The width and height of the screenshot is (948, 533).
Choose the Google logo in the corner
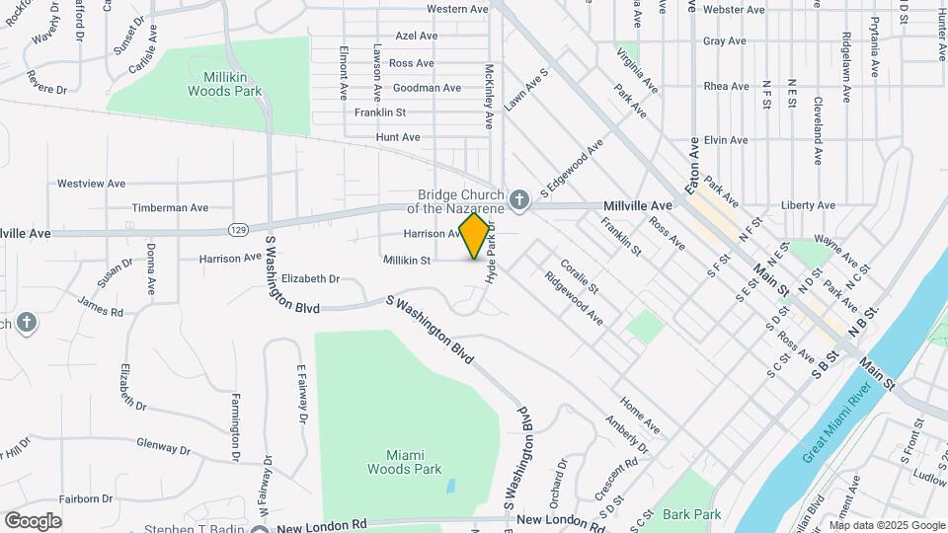point(33,520)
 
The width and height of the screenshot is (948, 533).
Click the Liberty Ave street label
point(807,205)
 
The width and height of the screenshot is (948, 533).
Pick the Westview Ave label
point(91,184)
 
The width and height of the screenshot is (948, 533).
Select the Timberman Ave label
point(171,208)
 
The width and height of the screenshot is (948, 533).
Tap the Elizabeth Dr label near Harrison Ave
point(310,279)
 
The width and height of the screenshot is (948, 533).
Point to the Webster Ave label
point(735,10)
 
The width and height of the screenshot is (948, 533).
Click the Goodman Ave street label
point(427,88)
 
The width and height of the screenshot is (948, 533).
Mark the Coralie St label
point(580,276)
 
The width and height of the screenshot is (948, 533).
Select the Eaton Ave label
point(694,164)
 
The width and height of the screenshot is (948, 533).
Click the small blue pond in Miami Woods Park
point(450,487)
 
